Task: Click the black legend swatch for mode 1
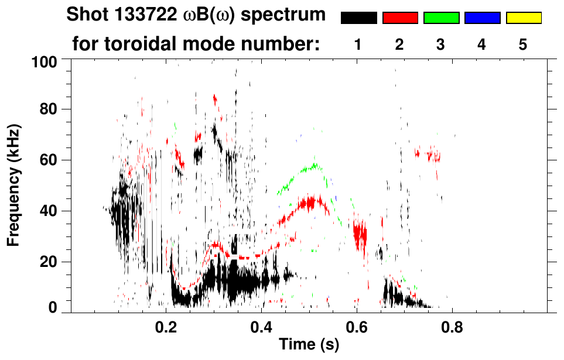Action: (358, 18)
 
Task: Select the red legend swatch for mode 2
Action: (399, 18)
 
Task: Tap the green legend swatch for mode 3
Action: (440, 18)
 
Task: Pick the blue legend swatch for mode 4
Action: (482, 18)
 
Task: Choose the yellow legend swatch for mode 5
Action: (523, 18)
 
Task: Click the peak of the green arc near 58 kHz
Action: (315, 165)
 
